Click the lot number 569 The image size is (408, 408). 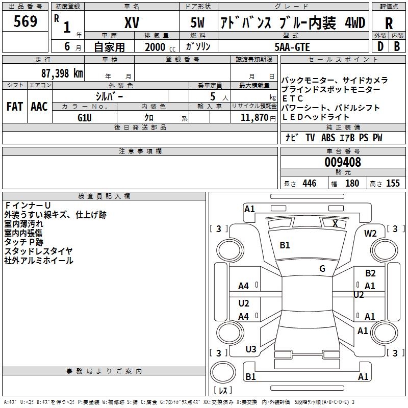tap(25, 22)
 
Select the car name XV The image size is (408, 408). tap(132, 23)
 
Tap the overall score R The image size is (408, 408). tap(389, 23)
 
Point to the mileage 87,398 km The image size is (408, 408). tap(61, 73)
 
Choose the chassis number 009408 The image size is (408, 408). tap(343, 162)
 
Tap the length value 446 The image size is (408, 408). tap(309, 183)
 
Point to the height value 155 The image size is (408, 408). tap(393, 183)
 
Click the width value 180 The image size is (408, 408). tap(352, 183)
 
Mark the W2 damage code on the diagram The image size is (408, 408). tap(370, 233)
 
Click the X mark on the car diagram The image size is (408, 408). tap(335, 223)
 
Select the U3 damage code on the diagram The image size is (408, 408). tap(251, 349)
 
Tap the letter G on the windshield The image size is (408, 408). tap(322, 268)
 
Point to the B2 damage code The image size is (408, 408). tap(370, 273)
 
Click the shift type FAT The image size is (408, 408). tap(15, 107)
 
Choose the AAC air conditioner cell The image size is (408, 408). tap(39, 107)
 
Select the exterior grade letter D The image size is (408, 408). tap(380, 46)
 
